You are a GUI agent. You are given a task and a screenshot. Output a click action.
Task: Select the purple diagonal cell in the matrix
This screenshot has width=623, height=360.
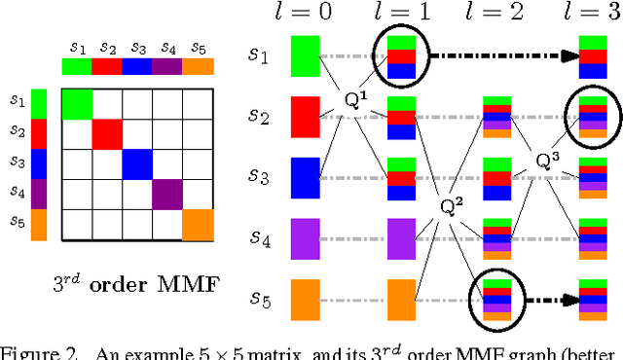(x=167, y=195)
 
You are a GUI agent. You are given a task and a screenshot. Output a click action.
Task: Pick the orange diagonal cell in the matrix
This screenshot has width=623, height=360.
(x=198, y=225)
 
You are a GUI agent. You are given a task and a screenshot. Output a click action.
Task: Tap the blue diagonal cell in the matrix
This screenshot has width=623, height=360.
(x=137, y=164)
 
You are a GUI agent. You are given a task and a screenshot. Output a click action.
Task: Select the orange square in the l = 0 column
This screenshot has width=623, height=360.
(x=306, y=299)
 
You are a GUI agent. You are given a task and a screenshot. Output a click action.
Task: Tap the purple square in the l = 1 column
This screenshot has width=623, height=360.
(x=402, y=236)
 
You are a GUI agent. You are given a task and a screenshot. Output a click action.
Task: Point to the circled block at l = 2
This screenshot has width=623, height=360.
(x=497, y=298)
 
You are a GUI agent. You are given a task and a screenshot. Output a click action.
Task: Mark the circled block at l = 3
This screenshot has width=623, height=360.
(x=593, y=115)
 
